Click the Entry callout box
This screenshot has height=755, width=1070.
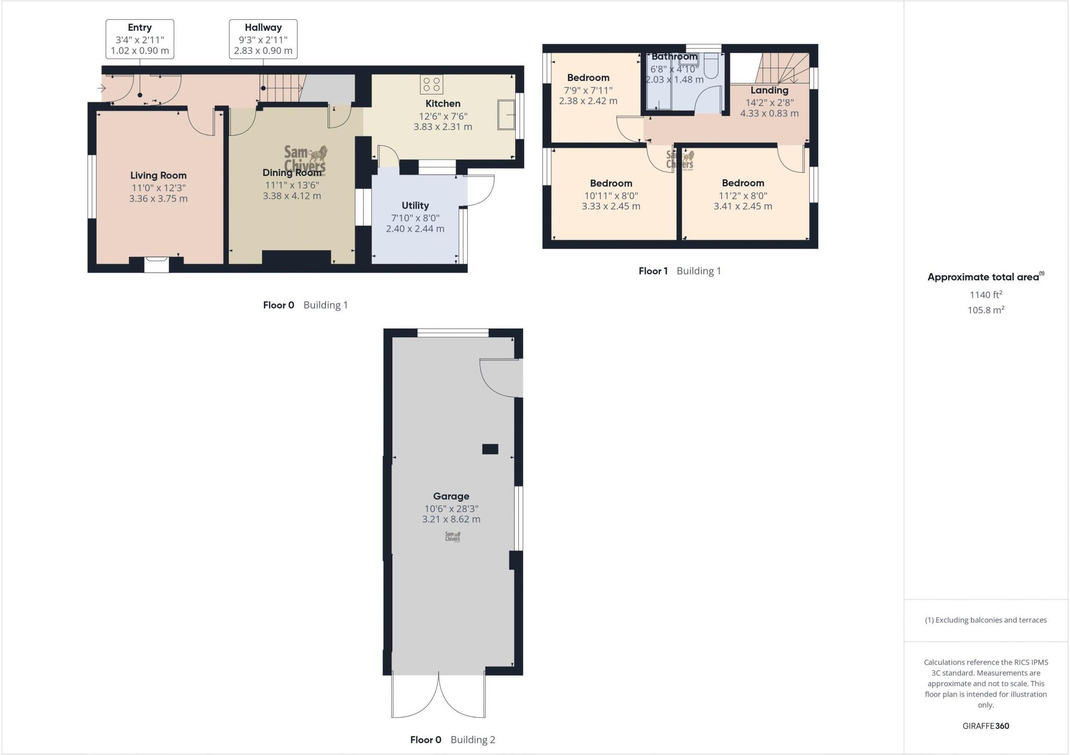coord(139,39)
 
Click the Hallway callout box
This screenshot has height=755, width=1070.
coord(263,39)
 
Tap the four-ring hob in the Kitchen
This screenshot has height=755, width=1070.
coord(432,85)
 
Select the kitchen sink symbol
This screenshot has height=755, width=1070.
coord(506,114)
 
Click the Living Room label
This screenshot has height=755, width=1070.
coord(158,176)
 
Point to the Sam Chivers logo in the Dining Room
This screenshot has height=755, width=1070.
coord(306,158)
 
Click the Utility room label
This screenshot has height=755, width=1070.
coord(415,206)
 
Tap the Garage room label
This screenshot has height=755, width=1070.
coord(451,497)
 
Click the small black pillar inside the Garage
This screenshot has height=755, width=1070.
coord(490,449)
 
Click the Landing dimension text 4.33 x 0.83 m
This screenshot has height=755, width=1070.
coord(769,113)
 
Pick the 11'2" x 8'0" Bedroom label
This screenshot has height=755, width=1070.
coord(742,183)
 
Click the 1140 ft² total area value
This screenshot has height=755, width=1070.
coord(985,295)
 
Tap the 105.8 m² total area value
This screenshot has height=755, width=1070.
coord(985,310)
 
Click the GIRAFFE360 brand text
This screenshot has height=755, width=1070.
coord(985,726)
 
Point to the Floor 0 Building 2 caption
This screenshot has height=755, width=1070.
coord(452,739)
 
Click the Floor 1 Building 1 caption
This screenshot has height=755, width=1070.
coord(679,271)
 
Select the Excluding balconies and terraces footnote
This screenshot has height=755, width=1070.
coord(985,620)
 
